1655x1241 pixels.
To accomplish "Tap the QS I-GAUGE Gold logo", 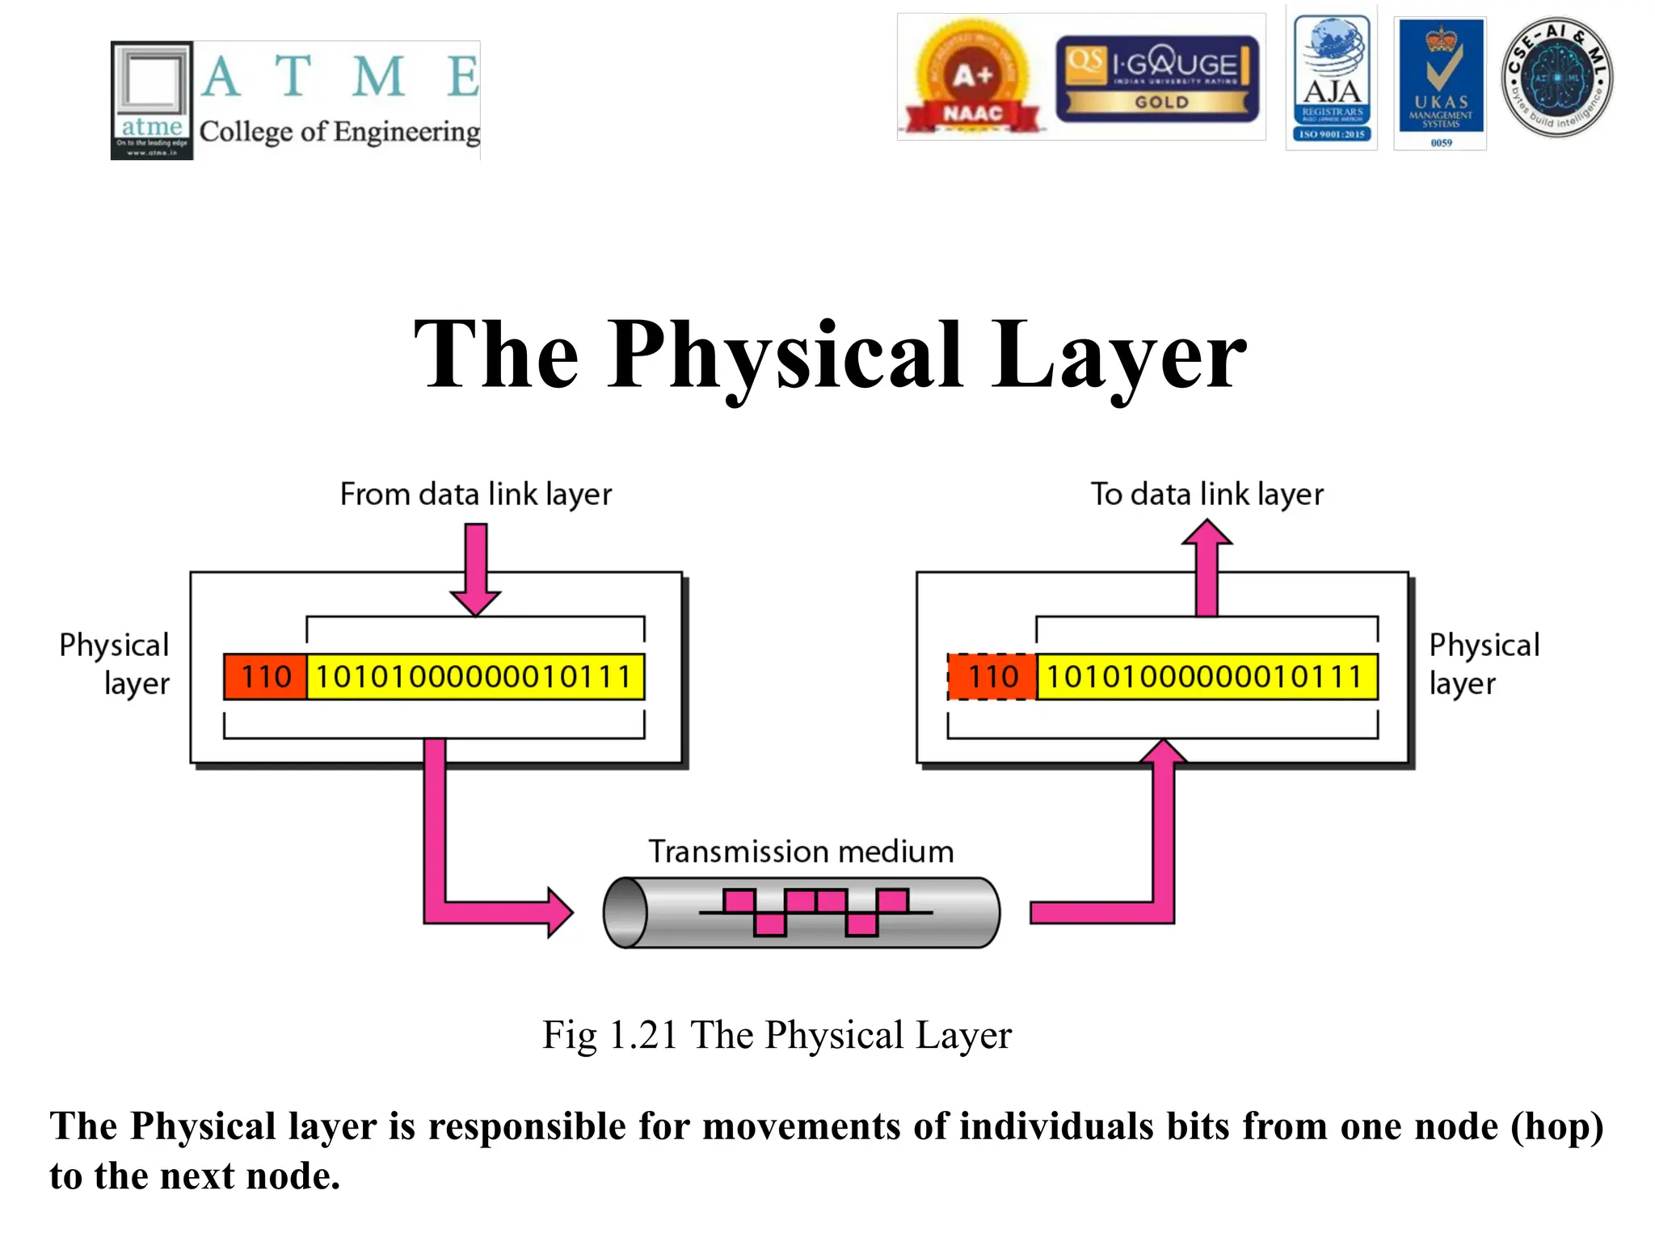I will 1157,78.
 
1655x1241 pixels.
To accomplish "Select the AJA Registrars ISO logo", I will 1332,78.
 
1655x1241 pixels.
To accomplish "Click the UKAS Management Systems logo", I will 1441,82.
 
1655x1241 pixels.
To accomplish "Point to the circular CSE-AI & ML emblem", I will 1556,78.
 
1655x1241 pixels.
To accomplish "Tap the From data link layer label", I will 475,494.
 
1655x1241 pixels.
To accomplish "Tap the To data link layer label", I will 1207,494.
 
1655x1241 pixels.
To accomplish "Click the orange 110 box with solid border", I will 266,676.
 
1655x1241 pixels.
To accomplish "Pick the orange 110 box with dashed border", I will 992,676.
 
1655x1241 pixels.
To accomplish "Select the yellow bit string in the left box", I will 475,676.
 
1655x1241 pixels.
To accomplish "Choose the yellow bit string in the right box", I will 1207,676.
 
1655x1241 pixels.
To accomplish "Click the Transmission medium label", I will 801,852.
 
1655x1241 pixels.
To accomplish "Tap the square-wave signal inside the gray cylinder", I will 815,912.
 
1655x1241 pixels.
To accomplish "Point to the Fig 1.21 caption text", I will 777,1035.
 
